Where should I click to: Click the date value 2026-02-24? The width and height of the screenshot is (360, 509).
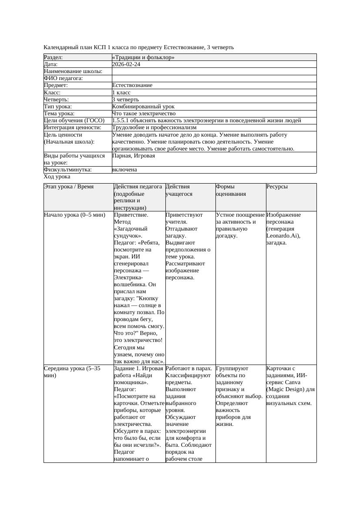[x=126, y=64]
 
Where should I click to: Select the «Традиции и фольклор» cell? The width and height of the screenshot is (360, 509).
[x=143, y=57]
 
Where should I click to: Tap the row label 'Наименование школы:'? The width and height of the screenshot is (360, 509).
[x=73, y=71]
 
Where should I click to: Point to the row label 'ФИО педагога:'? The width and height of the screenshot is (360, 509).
[x=64, y=78]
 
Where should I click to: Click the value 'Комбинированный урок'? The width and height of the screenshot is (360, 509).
[x=143, y=106]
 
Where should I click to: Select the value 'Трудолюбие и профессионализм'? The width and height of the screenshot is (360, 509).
[x=154, y=127]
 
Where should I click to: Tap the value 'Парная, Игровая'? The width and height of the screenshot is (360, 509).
[x=133, y=156]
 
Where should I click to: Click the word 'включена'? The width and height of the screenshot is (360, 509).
[x=124, y=170]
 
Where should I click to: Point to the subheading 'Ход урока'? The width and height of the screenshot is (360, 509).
[x=57, y=177]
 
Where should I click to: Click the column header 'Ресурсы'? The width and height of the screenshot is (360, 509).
[x=277, y=187]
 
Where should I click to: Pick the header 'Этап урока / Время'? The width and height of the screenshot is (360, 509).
[x=69, y=187]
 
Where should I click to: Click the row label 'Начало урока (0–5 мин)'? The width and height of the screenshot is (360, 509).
[x=74, y=215]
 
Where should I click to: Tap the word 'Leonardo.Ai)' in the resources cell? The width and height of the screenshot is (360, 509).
[x=283, y=236]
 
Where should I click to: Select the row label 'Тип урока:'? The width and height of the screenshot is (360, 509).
[x=58, y=106]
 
